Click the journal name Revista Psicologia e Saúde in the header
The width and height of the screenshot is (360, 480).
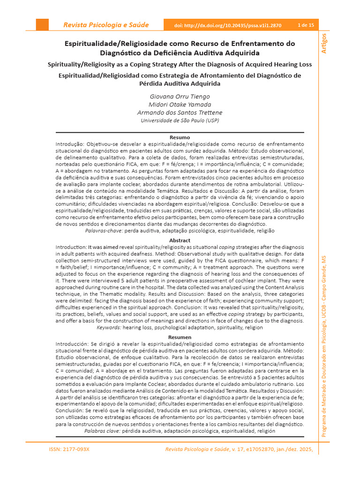(106, 25)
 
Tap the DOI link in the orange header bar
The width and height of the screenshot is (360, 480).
(228, 25)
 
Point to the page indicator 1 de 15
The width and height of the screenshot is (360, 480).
(306, 25)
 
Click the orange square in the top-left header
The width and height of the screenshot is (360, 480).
(42, 25)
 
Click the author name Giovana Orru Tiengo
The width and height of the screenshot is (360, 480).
(180, 96)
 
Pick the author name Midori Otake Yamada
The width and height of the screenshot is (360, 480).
(180, 104)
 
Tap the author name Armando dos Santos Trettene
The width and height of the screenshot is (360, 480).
(180, 112)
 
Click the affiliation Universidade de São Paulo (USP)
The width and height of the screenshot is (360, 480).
(180, 120)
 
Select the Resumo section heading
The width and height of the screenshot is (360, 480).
(180, 137)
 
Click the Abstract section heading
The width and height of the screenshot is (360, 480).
(180, 240)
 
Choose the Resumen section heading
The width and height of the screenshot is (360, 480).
(180, 337)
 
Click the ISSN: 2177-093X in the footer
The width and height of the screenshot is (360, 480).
(69, 450)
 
